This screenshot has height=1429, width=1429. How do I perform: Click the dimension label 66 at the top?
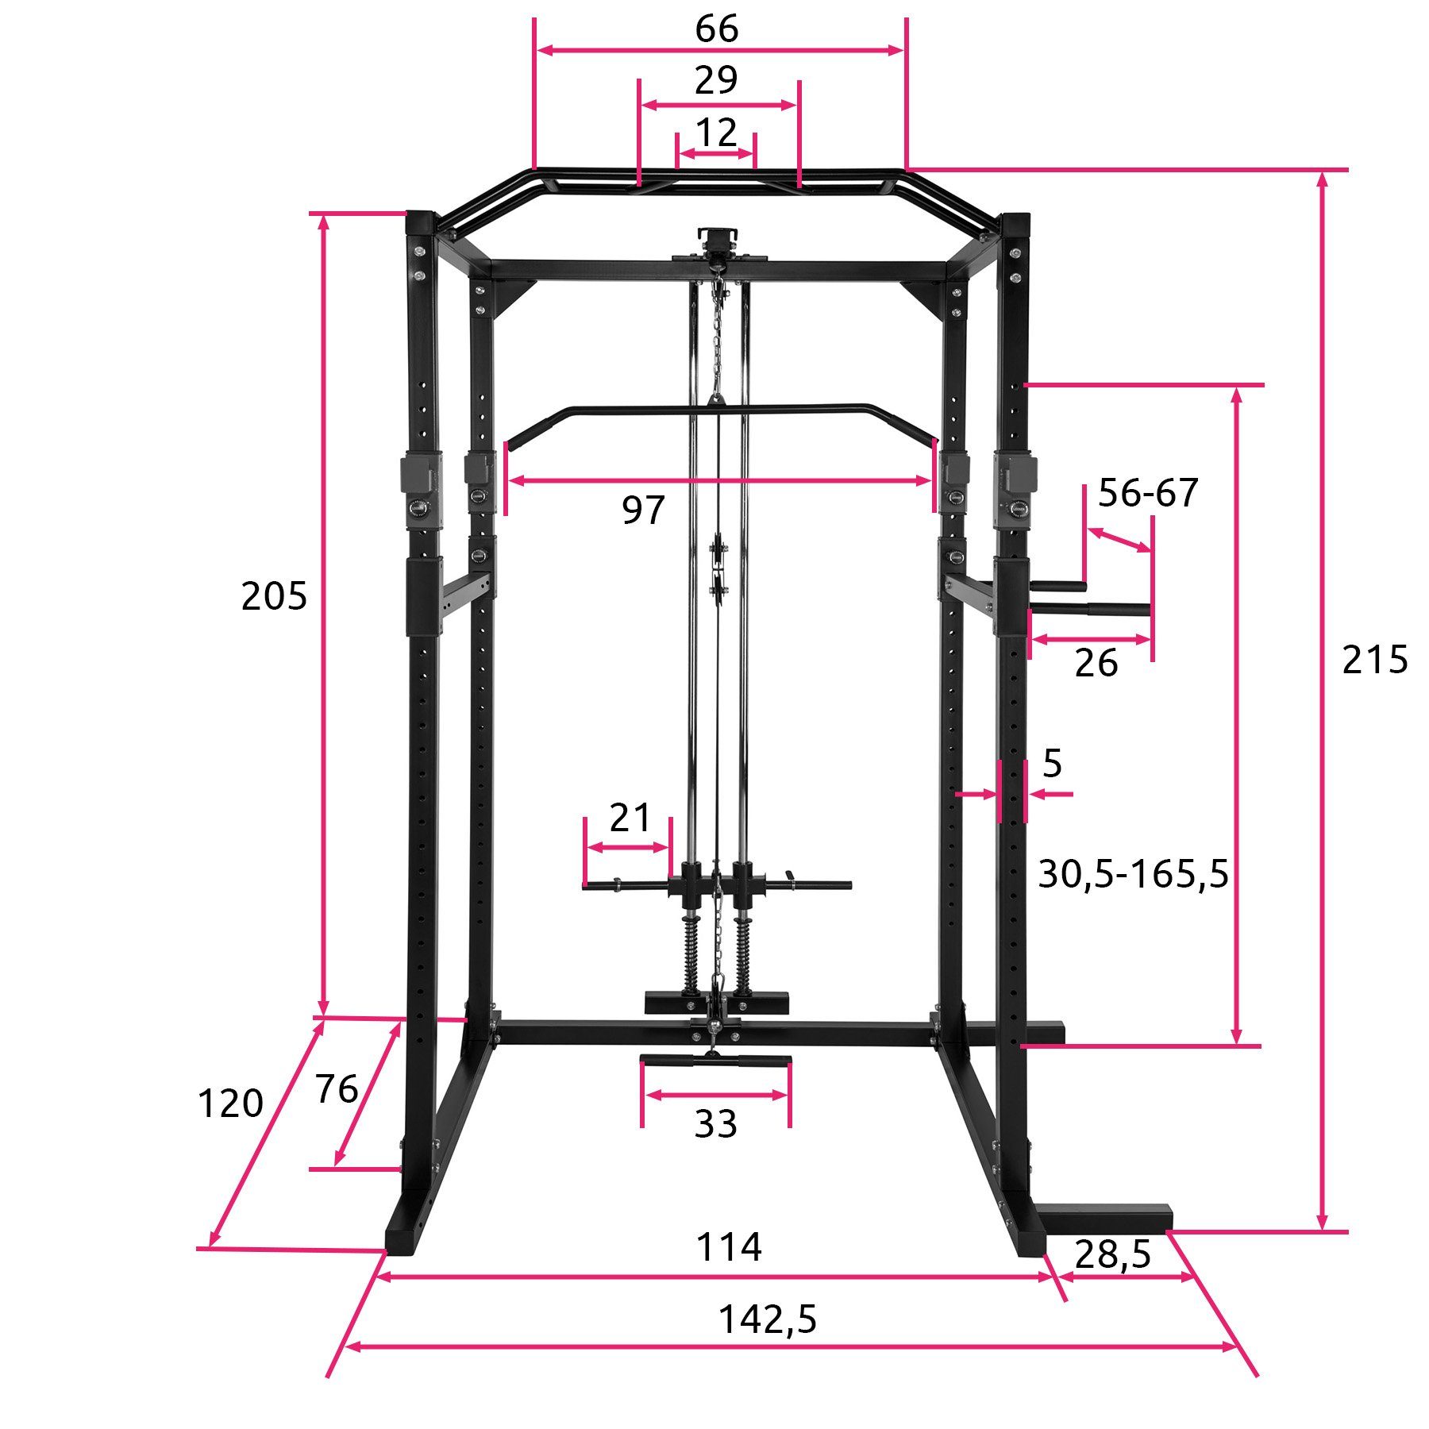(x=716, y=29)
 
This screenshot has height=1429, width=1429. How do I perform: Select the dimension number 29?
(x=716, y=80)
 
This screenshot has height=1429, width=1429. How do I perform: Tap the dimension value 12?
(x=716, y=133)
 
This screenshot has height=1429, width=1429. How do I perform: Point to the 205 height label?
(x=274, y=596)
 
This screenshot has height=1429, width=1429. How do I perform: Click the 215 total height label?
(x=1375, y=660)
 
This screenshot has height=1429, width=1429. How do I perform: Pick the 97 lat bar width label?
(x=643, y=510)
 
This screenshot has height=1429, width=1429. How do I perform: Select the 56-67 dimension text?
(x=1148, y=493)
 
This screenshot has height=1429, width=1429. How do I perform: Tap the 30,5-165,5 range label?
(x=1133, y=875)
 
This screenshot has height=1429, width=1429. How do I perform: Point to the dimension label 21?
(x=630, y=818)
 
